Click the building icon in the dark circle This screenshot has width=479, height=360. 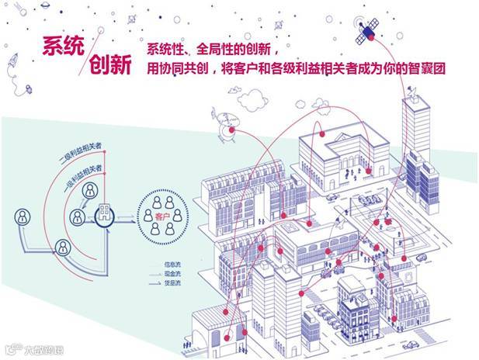[x=103, y=215]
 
